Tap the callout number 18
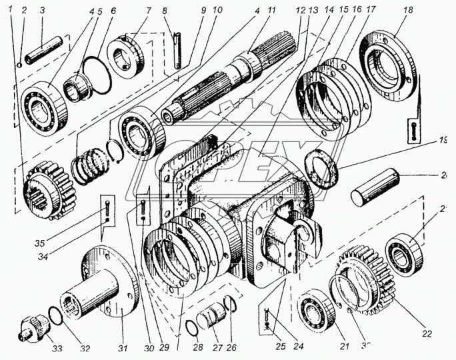[407, 11]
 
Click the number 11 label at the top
[271, 11]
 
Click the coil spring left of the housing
[90, 164]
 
